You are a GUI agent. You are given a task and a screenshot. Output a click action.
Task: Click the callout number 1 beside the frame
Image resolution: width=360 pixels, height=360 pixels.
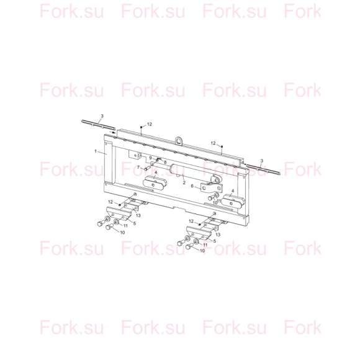(x=96, y=151)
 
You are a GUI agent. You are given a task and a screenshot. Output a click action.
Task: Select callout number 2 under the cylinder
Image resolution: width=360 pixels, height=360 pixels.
(x=184, y=183)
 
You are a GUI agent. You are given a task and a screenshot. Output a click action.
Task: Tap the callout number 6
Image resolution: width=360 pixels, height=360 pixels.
(x=192, y=186)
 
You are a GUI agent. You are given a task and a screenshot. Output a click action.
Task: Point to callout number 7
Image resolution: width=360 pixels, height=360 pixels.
(x=138, y=168)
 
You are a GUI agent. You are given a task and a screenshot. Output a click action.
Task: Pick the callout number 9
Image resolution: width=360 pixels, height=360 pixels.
(x=151, y=158)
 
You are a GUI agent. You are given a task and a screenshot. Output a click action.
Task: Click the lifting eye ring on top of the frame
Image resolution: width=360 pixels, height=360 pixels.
(x=179, y=140)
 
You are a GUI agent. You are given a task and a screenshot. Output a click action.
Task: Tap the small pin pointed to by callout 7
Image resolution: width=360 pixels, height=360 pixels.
(x=146, y=169)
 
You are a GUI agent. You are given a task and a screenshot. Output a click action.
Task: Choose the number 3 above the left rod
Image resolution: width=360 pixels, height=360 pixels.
(x=102, y=116)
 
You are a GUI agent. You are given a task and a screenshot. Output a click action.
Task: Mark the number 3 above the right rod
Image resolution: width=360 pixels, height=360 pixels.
(x=262, y=161)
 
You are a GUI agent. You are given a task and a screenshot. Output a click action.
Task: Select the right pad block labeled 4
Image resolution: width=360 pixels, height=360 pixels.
(x=233, y=201)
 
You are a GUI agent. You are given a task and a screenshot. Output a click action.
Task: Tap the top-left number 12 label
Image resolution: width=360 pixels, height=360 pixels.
(x=150, y=124)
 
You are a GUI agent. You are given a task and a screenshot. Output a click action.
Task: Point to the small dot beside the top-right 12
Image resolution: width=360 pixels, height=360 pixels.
(x=222, y=146)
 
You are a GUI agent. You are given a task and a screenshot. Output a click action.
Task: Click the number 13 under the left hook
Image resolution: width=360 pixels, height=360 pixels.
(x=138, y=215)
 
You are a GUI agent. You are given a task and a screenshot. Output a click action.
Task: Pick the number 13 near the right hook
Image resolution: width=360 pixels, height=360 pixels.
(x=218, y=235)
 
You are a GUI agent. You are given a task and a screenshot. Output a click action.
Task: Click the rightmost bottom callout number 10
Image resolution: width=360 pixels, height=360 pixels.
(x=202, y=251)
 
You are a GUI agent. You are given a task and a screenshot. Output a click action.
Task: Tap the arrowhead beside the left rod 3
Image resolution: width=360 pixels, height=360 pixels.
(x=114, y=132)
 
